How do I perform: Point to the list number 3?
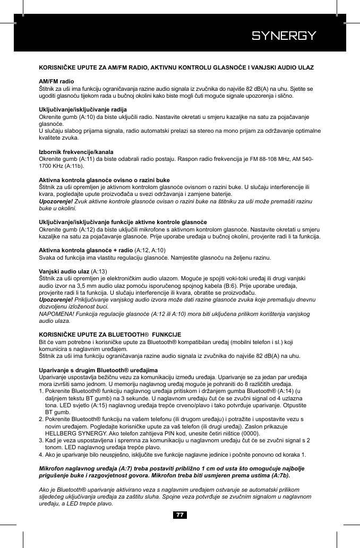(42, 441)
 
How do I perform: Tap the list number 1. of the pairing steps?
(42, 391)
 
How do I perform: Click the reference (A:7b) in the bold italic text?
(282, 476)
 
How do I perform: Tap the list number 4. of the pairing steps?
(42, 455)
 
